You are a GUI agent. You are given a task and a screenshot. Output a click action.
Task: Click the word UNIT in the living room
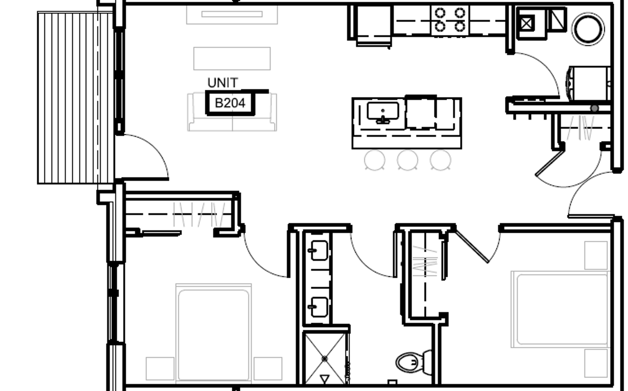[223, 83]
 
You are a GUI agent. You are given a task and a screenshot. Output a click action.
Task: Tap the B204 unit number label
[230, 103]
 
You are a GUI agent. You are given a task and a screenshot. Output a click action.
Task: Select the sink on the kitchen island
[383, 112]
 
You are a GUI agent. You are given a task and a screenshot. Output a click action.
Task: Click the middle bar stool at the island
[408, 160]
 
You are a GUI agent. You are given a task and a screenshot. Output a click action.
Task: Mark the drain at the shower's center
[325, 359]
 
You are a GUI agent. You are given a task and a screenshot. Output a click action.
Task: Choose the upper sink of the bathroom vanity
[318, 250]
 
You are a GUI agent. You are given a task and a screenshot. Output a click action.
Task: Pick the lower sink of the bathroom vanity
[318, 307]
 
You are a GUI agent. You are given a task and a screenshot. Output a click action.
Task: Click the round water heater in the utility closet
[588, 29]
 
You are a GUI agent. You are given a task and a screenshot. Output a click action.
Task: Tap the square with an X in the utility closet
[526, 24]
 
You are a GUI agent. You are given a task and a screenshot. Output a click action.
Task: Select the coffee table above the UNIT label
[232, 58]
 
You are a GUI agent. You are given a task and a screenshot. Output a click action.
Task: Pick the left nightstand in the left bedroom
[160, 369]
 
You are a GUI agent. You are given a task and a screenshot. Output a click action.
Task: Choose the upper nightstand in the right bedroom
[596, 256]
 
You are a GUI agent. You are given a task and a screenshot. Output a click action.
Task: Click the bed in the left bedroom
[214, 333]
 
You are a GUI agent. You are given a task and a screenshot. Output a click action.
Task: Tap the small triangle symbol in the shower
[325, 379]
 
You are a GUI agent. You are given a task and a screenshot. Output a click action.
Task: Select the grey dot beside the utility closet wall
[594, 108]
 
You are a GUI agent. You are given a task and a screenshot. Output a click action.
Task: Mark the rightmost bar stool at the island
[441, 160]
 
